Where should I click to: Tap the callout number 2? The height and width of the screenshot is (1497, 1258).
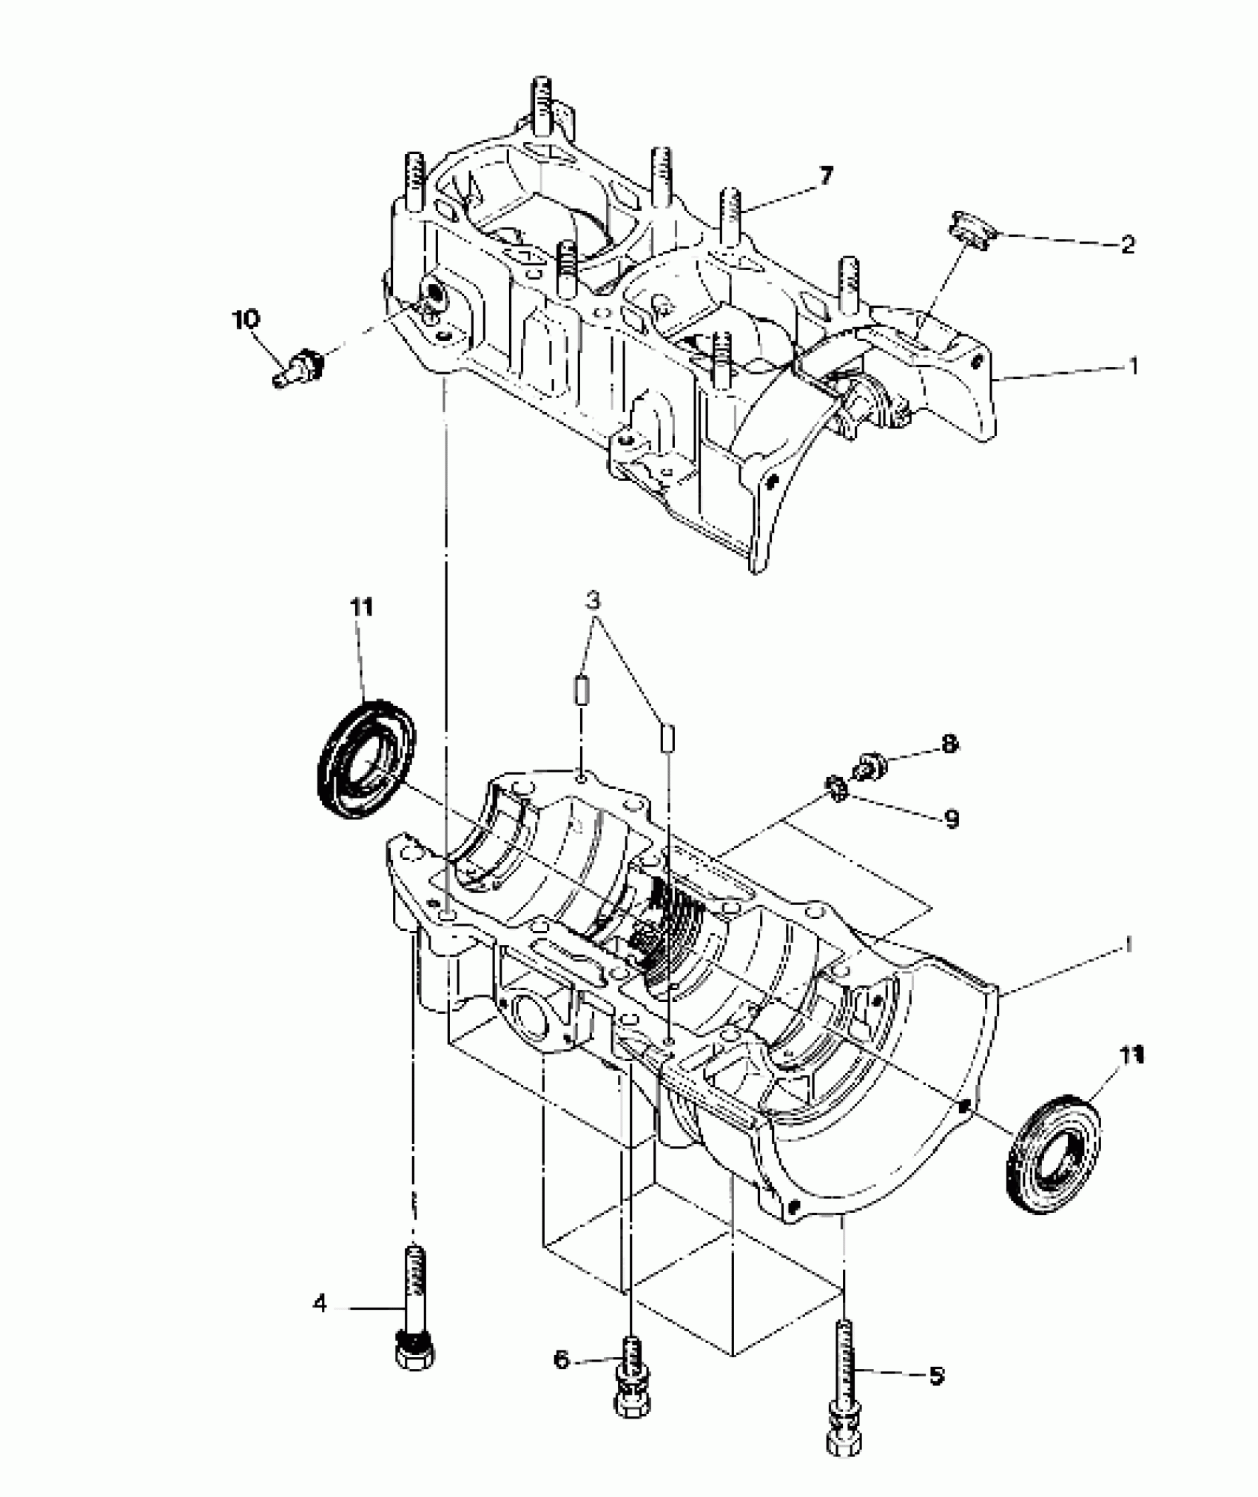pos(1127,244)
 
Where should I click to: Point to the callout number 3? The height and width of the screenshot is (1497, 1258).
pos(593,599)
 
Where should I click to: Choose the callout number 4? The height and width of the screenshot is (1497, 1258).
pos(320,1303)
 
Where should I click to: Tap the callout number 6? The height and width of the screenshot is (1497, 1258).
pos(562,1359)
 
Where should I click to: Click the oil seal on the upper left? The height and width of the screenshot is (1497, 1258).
pos(366,758)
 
